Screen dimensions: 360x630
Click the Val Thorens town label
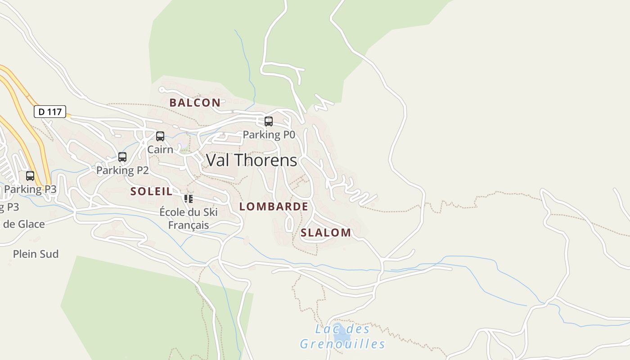[x=252, y=160]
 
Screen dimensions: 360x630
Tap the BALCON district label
[x=195, y=103]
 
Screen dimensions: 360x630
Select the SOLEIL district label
[x=151, y=191]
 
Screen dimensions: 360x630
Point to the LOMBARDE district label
[x=274, y=207]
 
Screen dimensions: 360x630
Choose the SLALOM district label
[x=326, y=233]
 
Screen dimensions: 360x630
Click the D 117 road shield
[x=50, y=112]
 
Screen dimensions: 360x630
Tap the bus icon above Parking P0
[x=269, y=121]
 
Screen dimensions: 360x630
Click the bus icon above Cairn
[x=160, y=136]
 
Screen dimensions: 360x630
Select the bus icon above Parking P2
[x=122, y=157]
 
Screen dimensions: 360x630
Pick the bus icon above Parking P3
[x=30, y=176]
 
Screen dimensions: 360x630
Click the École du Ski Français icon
[x=189, y=198]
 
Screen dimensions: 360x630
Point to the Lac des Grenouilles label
[x=342, y=337]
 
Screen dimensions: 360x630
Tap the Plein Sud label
[x=36, y=254]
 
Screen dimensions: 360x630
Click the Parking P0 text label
[x=269, y=135]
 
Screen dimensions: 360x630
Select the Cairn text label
[x=160, y=149]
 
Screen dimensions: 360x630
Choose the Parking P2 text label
[x=122, y=171]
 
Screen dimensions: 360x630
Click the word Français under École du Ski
[x=189, y=225]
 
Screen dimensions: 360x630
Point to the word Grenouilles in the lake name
[x=342, y=344]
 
